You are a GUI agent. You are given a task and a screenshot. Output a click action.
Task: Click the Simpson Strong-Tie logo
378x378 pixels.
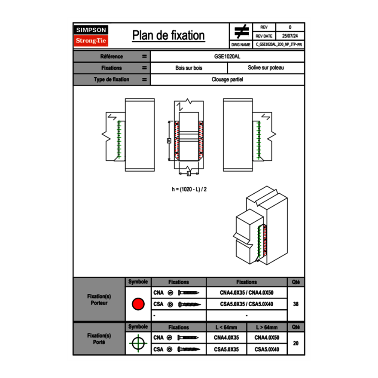tap(91, 36)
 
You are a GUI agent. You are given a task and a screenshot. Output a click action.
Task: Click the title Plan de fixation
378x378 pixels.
tap(168, 35)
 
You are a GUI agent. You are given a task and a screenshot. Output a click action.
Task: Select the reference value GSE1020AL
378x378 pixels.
tap(227, 57)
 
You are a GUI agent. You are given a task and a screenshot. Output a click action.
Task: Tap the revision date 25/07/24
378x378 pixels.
tap(290, 36)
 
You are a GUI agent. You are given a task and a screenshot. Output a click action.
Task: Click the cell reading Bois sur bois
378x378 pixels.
tap(189, 68)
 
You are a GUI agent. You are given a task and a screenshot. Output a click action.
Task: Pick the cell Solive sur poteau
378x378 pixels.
tap(265, 68)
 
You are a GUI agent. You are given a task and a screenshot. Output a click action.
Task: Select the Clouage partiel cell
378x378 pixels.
tap(227, 79)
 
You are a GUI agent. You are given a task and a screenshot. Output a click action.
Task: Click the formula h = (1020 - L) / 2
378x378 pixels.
tap(192, 189)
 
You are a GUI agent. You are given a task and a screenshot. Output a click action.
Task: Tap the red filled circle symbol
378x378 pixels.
tap(138, 304)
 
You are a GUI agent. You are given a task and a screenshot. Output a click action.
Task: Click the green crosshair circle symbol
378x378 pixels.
tap(138, 343)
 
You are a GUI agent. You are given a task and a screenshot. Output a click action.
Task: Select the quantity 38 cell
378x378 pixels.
tap(296, 304)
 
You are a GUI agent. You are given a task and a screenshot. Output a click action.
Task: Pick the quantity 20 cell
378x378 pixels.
tap(296, 343)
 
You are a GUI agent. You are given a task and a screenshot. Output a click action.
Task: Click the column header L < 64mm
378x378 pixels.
tap(226, 327)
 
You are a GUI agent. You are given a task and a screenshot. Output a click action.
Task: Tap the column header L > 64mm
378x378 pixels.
tap(267, 327)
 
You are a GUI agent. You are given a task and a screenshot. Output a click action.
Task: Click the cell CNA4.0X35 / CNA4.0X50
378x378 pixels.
tap(247, 293)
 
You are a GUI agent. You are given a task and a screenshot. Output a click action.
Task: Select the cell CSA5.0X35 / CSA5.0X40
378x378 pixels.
tap(247, 304)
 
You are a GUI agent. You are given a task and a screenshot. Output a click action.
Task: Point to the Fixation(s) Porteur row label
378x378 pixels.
tap(99, 299)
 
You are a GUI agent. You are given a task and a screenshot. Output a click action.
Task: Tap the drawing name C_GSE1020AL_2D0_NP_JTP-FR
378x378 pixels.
tap(278, 44)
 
